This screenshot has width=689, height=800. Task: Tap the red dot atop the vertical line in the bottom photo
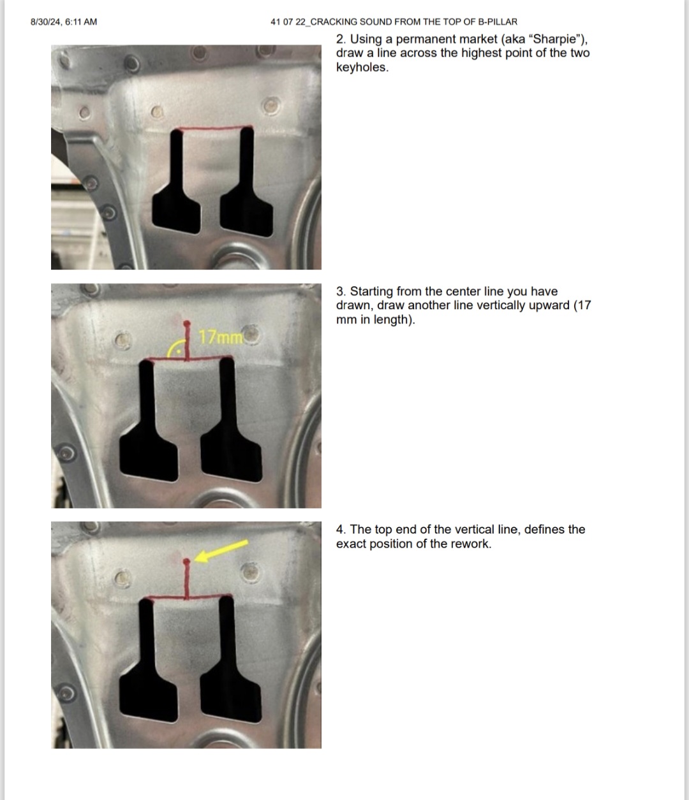point(186,561)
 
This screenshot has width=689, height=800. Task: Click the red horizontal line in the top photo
point(214,127)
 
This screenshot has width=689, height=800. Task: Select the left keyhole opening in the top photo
point(177,185)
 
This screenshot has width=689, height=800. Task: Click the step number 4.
point(341,530)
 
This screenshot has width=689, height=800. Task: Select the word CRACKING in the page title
point(334,22)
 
